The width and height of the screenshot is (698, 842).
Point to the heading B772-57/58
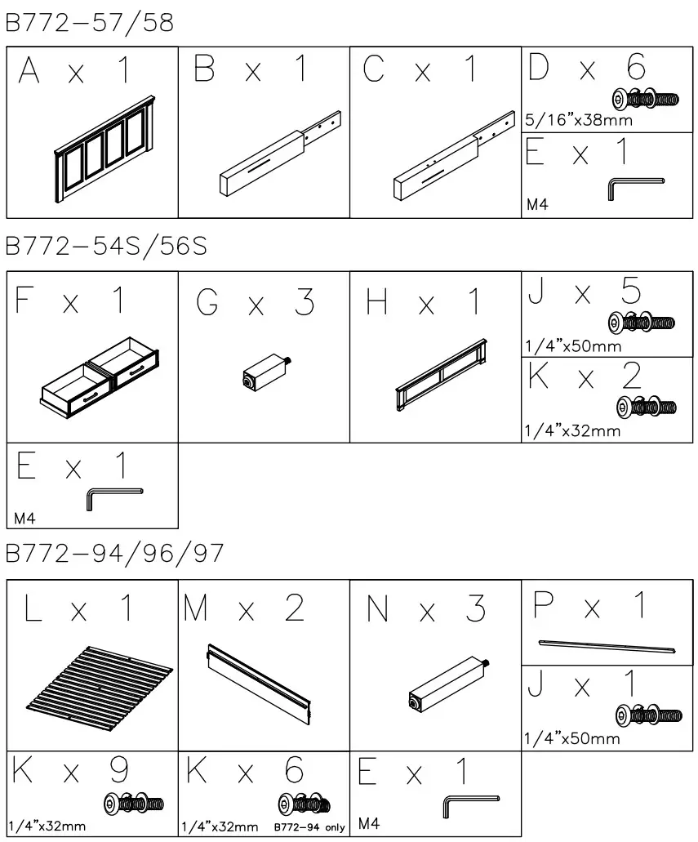pos(90,23)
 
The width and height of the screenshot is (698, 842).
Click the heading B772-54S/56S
pos(107,247)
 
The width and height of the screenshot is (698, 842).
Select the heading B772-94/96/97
pos(114,555)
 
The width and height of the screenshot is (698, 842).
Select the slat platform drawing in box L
pos(100,679)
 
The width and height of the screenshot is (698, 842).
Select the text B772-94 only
pos(309,827)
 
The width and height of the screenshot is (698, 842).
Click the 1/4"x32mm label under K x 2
pos(572,431)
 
